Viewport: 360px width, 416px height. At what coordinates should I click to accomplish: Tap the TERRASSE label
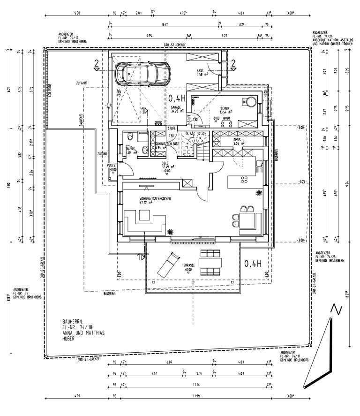coord(188,265)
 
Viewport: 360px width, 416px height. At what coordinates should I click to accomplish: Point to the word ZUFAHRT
coord(82,83)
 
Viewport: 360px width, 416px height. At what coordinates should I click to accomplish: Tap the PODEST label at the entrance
coord(112,165)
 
